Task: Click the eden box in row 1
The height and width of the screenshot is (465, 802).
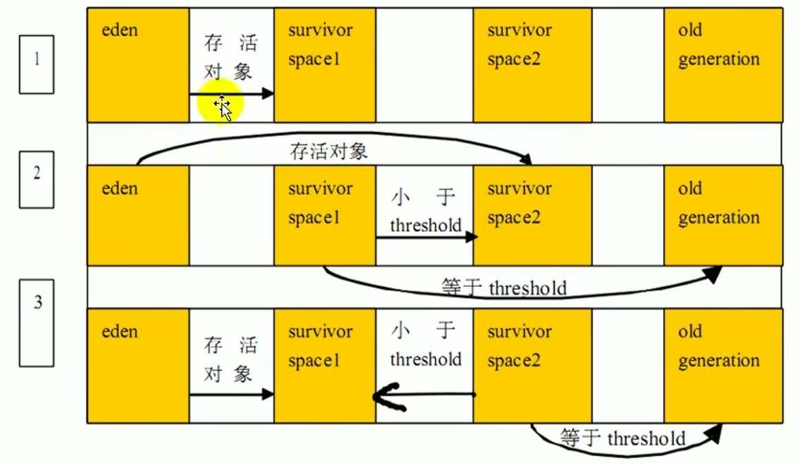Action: (x=138, y=65)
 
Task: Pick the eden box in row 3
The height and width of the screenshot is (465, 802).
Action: (x=138, y=365)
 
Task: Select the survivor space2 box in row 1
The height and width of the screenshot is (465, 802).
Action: (x=532, y=65)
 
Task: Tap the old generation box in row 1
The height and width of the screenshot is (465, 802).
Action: (x=723, y=65)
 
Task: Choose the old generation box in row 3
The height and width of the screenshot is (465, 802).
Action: (x=723, y=365)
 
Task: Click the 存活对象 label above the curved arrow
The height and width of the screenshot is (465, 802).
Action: (x=329, y=152)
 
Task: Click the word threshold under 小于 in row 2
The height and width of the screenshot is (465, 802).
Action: (x=425, y=226)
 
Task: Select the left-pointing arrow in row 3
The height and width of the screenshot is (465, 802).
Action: (x=424, y=395)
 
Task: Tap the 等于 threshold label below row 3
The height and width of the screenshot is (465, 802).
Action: (x=623, y=439)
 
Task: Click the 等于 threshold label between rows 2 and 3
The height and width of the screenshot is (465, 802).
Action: (x=504, y=288)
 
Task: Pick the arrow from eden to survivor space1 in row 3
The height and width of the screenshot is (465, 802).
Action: (x=231, y=395)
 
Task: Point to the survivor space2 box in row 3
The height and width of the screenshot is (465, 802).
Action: (x=532, y=365)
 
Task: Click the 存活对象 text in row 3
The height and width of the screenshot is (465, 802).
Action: (x=230, y=359)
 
